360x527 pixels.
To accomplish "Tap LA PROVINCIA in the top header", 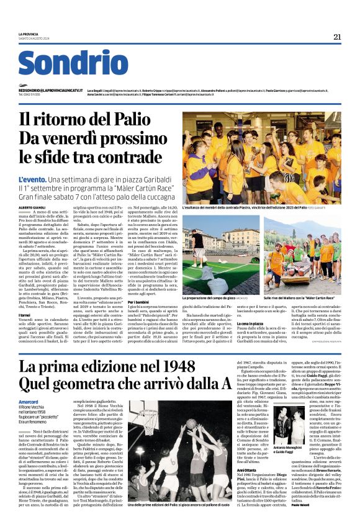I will pos(29,34).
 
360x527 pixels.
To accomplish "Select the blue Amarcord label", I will pos(31,402).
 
